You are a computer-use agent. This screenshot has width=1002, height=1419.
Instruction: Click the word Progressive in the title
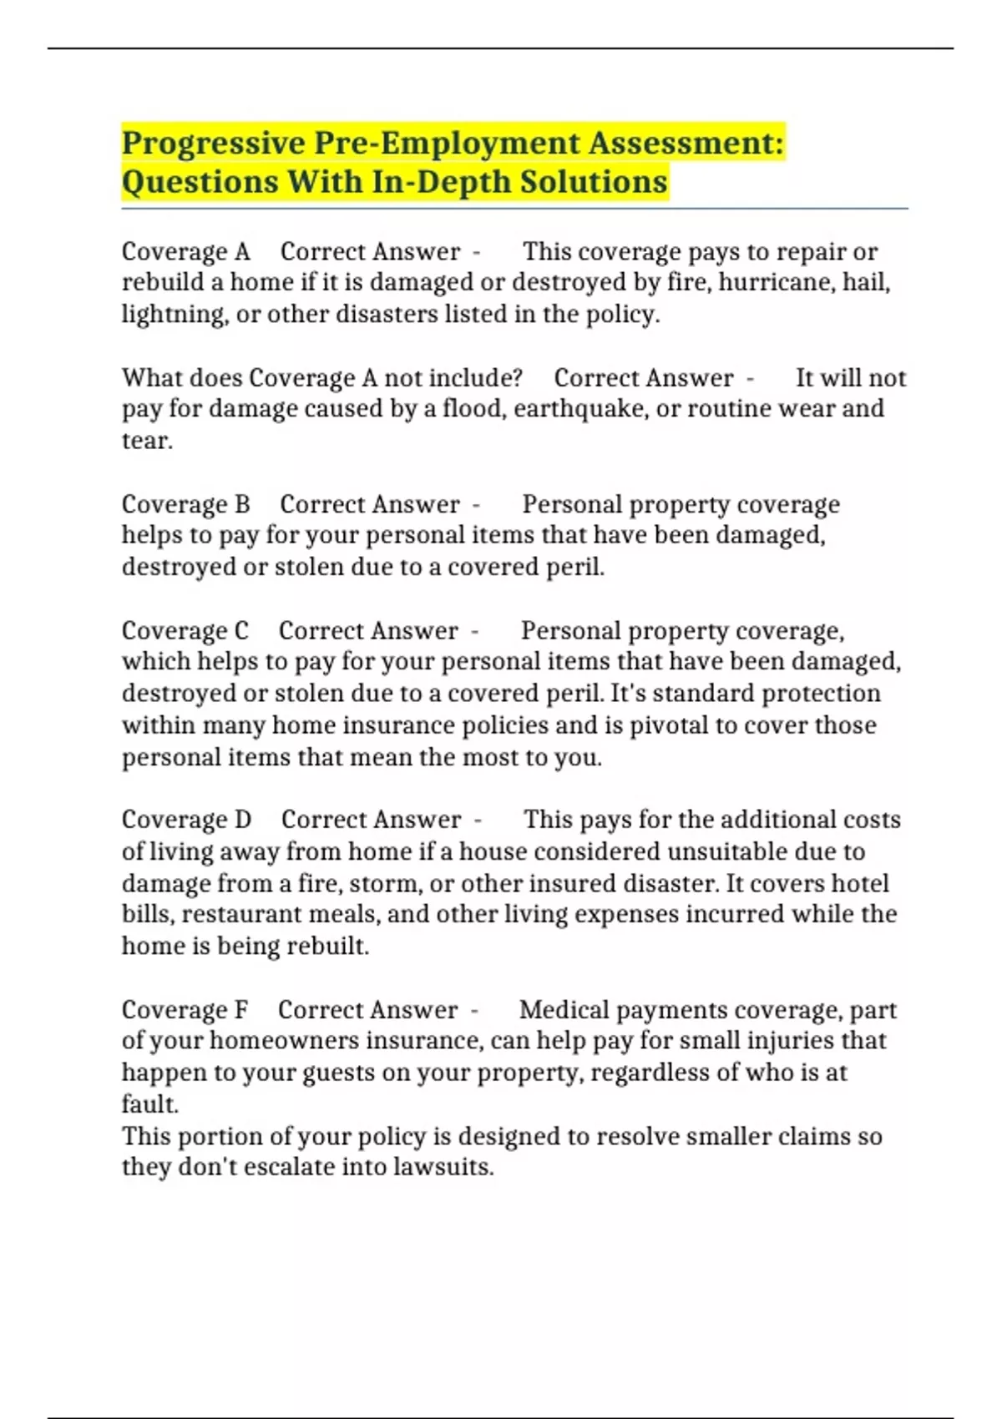(x=214, y=144)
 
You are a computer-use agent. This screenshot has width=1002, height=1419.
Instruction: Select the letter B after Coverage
(x=241, y=504)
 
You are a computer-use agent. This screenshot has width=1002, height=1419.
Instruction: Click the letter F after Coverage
(x=240, y=1010)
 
